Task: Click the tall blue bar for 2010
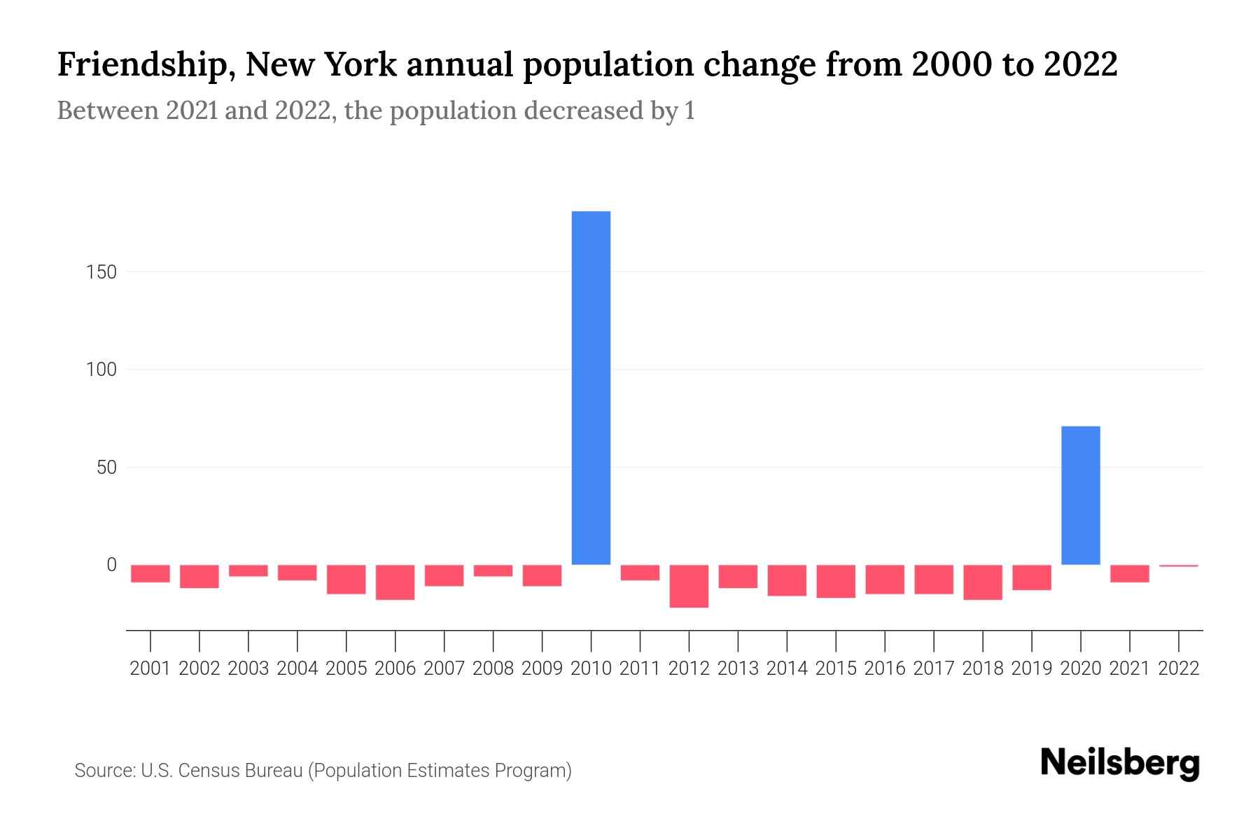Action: (591, 387)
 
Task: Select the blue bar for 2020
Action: (1080, 495)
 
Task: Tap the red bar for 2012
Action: (689, 586)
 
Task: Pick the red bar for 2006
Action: (395, 582)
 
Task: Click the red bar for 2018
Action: (982, 582)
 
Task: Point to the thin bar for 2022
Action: (1178, 566)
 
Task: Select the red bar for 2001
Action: (150, 573)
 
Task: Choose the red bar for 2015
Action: (836, 581)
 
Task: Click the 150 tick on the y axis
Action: (101, 272)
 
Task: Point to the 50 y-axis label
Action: (106, 468)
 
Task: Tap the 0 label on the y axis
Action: (111, 565)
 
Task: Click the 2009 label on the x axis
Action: (542, 668)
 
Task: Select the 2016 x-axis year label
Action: (885, 668)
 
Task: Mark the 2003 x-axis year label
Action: (248, 668)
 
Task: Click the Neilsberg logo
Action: (1120, 763)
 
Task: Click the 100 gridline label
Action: (101, 370)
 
